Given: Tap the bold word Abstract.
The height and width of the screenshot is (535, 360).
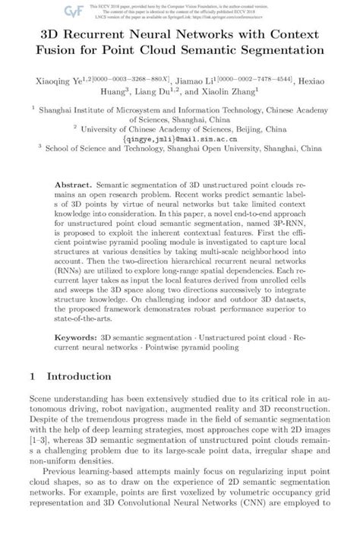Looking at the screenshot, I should tap(74, 185).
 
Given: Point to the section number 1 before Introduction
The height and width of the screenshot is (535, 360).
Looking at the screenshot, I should tap(32, 375).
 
